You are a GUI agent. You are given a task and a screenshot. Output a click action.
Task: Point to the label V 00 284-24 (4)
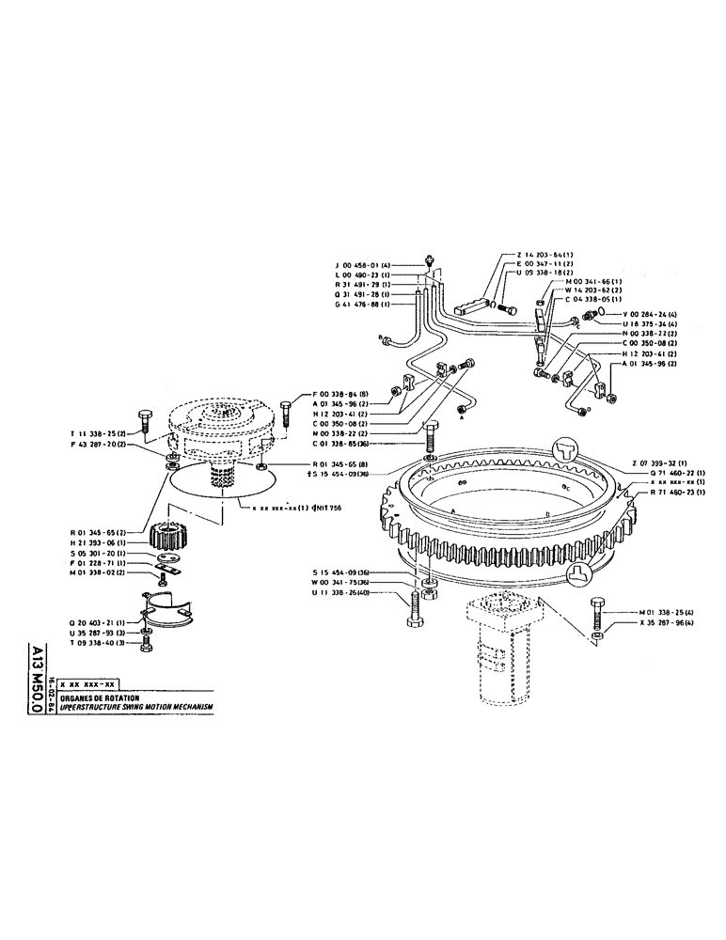point(635,315)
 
